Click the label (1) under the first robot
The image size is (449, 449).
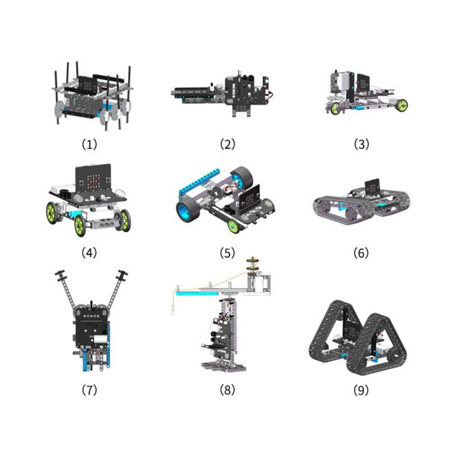click(90, 144)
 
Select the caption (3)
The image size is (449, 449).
click(362, 144)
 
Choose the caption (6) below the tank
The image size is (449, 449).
click(362, 253)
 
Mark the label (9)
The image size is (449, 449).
click(362, 389)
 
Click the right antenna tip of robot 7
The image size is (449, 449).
click(121, 275)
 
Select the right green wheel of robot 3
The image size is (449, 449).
click(402, 105)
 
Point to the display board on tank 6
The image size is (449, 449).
click(373, 187)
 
